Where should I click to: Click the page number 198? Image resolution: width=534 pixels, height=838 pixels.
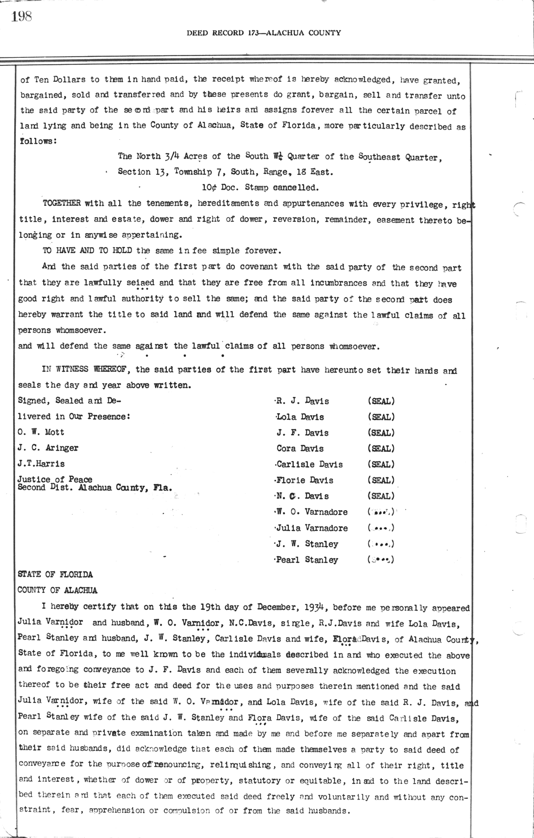(x=21, y=16)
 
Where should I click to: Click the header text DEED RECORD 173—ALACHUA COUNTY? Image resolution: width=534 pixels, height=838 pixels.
(x=263, y=32)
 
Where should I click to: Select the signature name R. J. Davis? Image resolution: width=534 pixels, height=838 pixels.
(x=303, y=401)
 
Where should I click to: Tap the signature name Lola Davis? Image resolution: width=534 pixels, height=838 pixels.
(x=300, y=417)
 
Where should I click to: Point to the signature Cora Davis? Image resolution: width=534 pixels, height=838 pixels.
(x=300, y=449)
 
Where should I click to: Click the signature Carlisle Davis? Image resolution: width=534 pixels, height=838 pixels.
(x=309, y=465)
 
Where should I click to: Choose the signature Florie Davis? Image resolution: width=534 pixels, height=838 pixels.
(x=305, y=480)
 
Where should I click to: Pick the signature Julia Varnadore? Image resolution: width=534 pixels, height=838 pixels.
(x=312, y=528)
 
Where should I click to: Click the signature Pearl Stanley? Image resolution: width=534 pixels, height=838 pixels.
(x=307, y=560)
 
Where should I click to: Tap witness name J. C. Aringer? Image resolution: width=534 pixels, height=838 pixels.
(x=48, y=448)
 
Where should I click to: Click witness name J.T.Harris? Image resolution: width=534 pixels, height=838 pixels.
(x=41, y=463)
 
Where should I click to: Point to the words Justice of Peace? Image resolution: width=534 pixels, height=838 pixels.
(x=55, y=479)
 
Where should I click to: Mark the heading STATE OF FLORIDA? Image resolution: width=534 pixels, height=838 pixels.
(x=55, y=574)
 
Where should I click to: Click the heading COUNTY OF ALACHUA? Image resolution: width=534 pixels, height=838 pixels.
(x=57, y=590)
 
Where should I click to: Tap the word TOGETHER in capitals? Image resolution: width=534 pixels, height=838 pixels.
(x=62, y=203)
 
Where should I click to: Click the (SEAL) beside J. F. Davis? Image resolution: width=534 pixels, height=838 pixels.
(x=381, y=433)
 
